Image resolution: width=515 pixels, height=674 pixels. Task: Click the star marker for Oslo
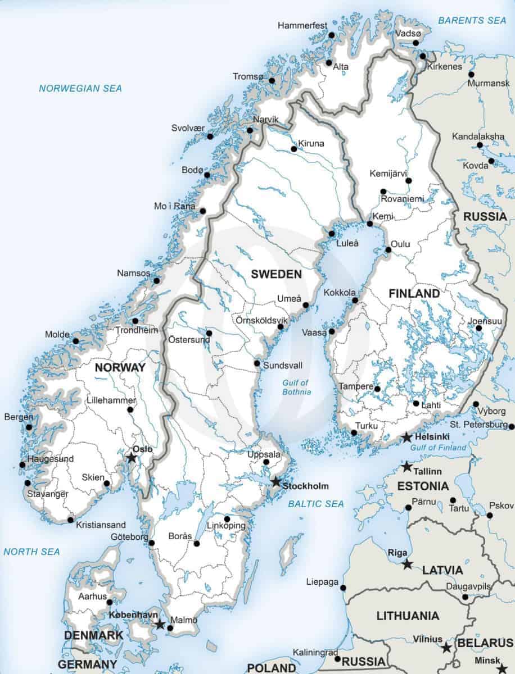132,458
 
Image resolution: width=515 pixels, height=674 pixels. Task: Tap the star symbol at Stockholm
276,482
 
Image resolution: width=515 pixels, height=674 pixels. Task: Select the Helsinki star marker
406,438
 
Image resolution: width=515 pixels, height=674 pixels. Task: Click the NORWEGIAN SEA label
80,88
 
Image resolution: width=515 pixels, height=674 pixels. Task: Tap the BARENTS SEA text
472,20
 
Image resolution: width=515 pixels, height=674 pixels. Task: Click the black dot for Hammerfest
332,35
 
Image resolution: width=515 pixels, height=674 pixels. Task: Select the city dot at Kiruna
293,149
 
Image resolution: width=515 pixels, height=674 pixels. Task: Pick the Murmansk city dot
471,74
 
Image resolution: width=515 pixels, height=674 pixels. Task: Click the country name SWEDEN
276,274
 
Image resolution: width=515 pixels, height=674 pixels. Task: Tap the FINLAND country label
414,294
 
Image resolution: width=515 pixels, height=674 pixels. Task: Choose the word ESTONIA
423,486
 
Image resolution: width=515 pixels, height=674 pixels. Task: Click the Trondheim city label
137,330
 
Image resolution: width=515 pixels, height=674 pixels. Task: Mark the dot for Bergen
29,427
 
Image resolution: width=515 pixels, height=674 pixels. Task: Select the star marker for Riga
407,564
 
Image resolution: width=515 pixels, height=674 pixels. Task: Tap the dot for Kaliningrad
337,658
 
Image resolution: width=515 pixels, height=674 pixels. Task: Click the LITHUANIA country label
408,616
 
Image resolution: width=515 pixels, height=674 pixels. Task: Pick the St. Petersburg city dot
511,427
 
